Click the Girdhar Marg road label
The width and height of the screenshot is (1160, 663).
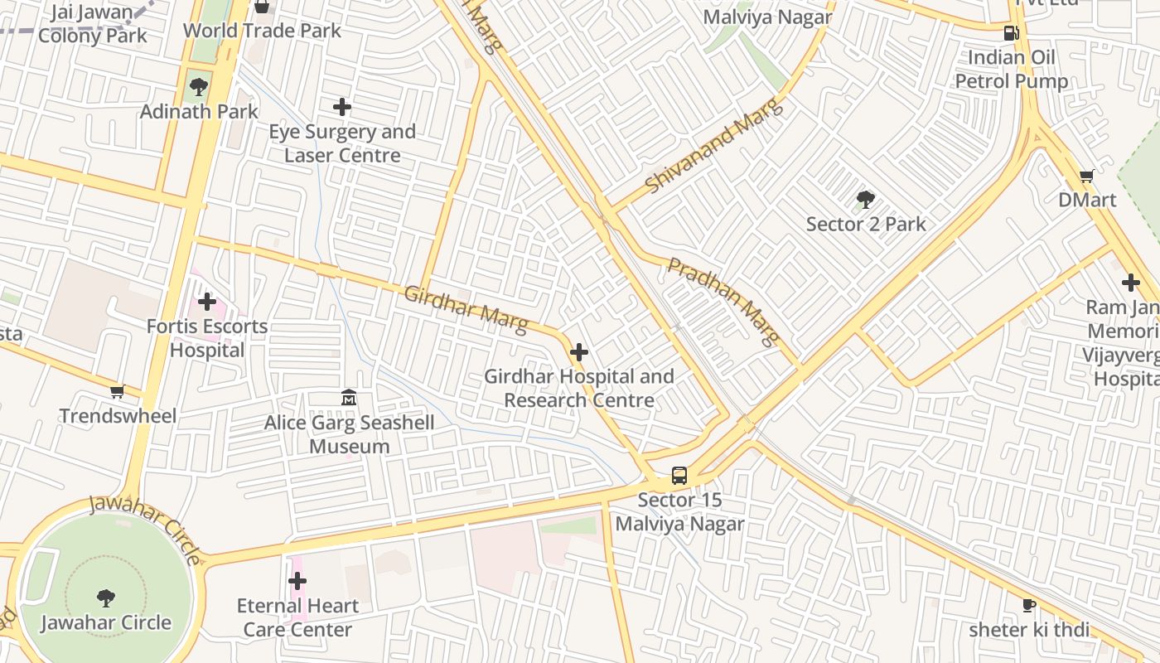pyautogui.click(x=465, y=309)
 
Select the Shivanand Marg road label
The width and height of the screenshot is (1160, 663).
pyautogui.click(x=713, y=146)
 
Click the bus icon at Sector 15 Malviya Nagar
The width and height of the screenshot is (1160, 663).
pyautogui.click(x=679, y=476)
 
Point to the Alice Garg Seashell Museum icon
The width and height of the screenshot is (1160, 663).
pyautogui.click(x=349, y=399)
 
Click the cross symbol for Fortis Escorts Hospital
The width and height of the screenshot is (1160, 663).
pyautogui.click(x=207, y=302)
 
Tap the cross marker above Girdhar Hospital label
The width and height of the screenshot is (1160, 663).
pyautogui.click(x=579, y=352)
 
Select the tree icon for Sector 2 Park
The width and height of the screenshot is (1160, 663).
pyautogui.click(x=866, y=200)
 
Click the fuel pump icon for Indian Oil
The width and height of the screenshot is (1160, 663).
pyautogui.click(x=1011, y=33)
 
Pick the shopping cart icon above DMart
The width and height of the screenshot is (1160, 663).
pyautogui.click(x=1087, y=176)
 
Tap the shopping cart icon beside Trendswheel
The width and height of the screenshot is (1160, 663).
pyautogui.click(x=118, y=391)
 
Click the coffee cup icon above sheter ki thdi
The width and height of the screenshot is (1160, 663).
pyautogui.click(x=1029, y=605)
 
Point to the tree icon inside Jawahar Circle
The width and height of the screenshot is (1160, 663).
pyautogui.click(x=105, y=598)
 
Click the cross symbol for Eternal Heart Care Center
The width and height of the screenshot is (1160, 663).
pyautogui.click(x=297, y=581)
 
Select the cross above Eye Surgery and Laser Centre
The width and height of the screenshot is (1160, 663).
pyautogui.click(x=341, y=107)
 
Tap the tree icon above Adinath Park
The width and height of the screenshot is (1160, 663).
pyautogui.click(x=199, y=86)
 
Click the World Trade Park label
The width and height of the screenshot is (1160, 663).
pyautogui.click(x=262, y=31)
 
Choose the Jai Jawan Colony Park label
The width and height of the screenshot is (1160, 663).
pyautogui.click(x=92, y=24)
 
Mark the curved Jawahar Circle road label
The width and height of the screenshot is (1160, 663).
pyautogui.click(x=146, y=527)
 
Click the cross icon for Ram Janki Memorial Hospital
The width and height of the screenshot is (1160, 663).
pyautogui.click(x=1131, y=283)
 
